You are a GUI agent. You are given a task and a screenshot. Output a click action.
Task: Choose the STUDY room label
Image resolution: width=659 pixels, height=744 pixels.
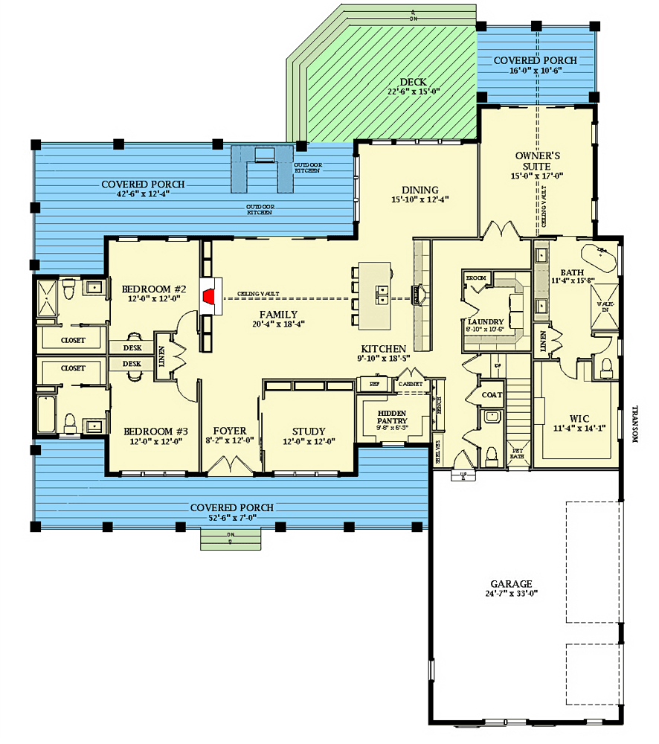click(308, 431)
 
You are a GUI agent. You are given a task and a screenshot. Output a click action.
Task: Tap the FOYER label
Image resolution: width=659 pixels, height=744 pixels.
click(229, 431)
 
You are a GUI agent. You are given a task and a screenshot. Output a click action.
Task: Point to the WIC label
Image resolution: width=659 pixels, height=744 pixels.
click(574, 418)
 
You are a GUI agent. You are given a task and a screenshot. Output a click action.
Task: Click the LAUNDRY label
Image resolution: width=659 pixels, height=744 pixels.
click(485, 322)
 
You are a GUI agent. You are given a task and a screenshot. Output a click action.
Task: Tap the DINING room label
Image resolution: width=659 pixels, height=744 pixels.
click(420, 190)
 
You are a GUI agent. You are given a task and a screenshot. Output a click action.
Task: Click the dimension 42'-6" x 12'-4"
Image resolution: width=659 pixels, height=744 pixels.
click(144, 195)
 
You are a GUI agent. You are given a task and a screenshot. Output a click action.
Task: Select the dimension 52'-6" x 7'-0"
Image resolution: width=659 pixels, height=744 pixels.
click(231, 518)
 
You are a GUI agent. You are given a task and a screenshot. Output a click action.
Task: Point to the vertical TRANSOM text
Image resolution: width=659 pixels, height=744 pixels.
click(635, 424)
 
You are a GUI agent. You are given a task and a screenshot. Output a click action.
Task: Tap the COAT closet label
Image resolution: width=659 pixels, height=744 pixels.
click(492, 395)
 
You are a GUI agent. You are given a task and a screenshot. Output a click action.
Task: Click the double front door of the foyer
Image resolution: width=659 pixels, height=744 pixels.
click(231, 466)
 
